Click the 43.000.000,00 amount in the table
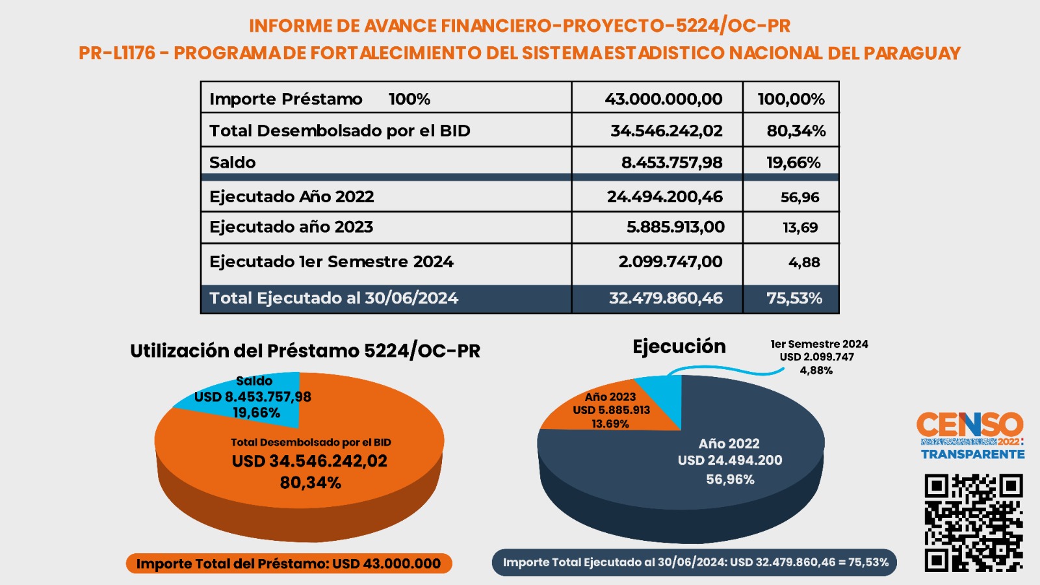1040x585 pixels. pos(664,99)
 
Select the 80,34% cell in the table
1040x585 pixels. pos(796,131)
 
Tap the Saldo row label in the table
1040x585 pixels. pos(233,162)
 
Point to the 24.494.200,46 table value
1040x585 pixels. pos(665,197)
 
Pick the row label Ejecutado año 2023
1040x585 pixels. pos(291,227)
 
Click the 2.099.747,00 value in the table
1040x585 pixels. pos(670,262)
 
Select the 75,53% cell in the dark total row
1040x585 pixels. pos(794,298)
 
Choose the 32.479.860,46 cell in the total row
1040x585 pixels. pos(666,298)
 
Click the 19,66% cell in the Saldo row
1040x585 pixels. pos(794,162)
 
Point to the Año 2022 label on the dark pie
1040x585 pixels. pos(729,444)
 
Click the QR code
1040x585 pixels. pos(974,523)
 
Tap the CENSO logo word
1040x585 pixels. pos(970,424)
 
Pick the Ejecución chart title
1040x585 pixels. pos(679,347)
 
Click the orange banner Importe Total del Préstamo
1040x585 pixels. pos(289,564)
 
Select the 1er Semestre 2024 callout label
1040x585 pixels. pos(819,344)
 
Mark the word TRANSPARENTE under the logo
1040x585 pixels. pos(972,454)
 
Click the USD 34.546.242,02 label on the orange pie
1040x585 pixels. pos(309,461)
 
